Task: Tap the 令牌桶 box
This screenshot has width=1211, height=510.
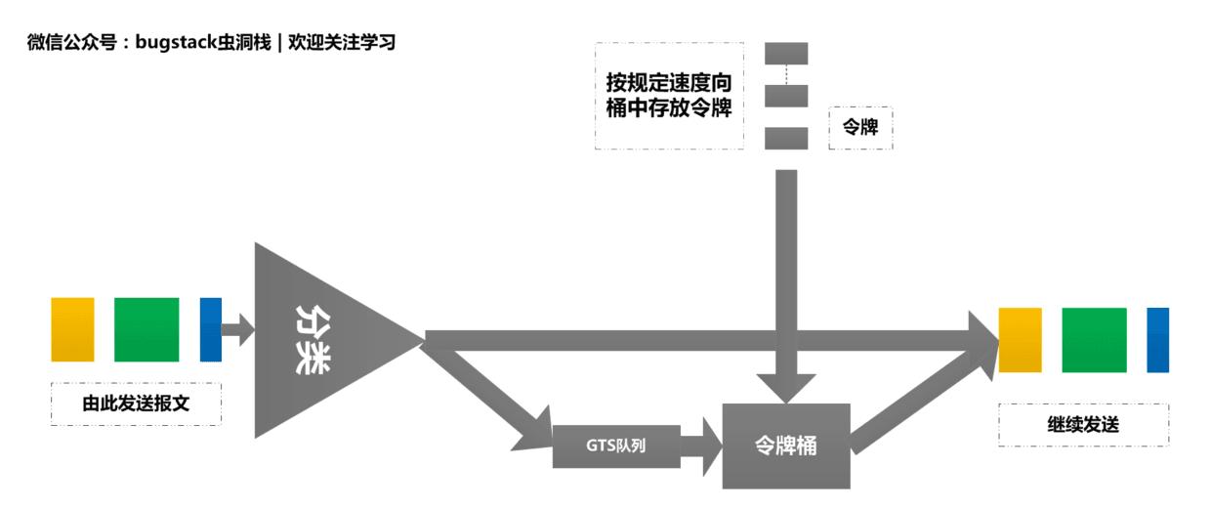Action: pos(786,446)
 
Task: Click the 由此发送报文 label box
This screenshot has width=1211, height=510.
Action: pos(136,404)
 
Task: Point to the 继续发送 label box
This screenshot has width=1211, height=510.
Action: pos(1083,425)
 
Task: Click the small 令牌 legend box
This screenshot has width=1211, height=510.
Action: pos(860,128)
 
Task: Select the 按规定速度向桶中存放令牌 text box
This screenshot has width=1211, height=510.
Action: pos(669,96)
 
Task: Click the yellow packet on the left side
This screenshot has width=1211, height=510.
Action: pos(72,329)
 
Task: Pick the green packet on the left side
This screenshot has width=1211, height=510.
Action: pos(146,329)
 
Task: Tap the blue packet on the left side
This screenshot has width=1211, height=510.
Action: pos(211,329)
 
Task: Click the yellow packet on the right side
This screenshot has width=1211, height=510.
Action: pos(1020,339)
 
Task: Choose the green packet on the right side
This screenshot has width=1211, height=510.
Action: pos(1094,339)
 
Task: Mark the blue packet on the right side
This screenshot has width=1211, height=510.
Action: pos(1158,339)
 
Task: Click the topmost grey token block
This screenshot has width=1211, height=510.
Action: pos(786,53)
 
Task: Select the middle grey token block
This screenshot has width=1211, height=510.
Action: pos(786,96)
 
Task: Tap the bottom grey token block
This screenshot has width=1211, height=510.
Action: pos(786,138)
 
